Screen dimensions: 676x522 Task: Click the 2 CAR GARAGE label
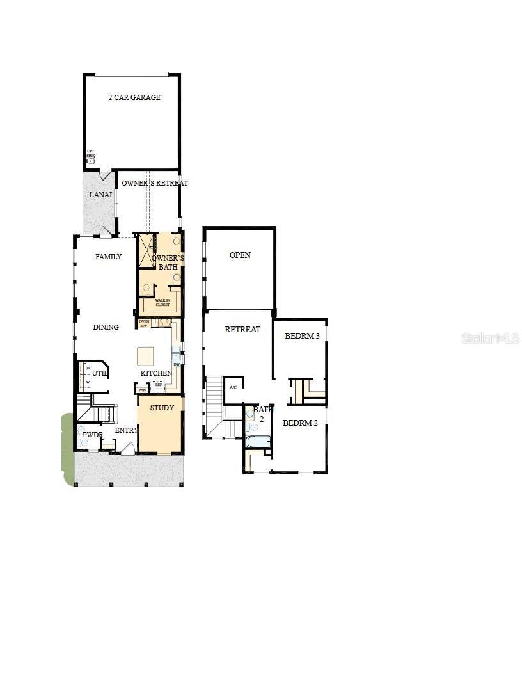pyautogui.click(x=134, y=97)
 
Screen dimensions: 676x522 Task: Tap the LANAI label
pyautogui.click(x=101, y=194)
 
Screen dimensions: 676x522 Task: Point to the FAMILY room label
pyautogui.click(x=109, y=257)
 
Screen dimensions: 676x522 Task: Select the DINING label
pyautogui.click(x=106, y=327)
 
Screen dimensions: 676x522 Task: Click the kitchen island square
pyautogui.click(x=146, y=356)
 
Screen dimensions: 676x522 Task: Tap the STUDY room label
pyautogui.click(x=162, y=408)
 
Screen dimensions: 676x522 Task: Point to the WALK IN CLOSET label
pyautogui.click(x=162, y=302)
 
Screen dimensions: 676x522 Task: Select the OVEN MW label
pyautogui.click(x=144, y=323)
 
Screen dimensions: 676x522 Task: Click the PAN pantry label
pyautogui.click(x=142, y=389)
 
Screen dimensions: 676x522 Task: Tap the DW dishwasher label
pyautogui.click(x=176, y=364)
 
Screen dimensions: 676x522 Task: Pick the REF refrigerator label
pyautogui.click(x=159, y=385)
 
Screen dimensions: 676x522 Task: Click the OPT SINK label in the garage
pyautogui.click(x=90, y=154)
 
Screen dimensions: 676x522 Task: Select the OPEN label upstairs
pyautogui.click(x=240, y=255)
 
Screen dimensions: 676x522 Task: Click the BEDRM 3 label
pyautogui.click(x=302, y=335)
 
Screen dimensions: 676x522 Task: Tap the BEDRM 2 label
pyautogui.click(x=300, y=422)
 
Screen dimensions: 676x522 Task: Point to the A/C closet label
pyautogui.click(x=233, y=387)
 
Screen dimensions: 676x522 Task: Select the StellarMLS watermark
pyautogui.click(x=491, y=338)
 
